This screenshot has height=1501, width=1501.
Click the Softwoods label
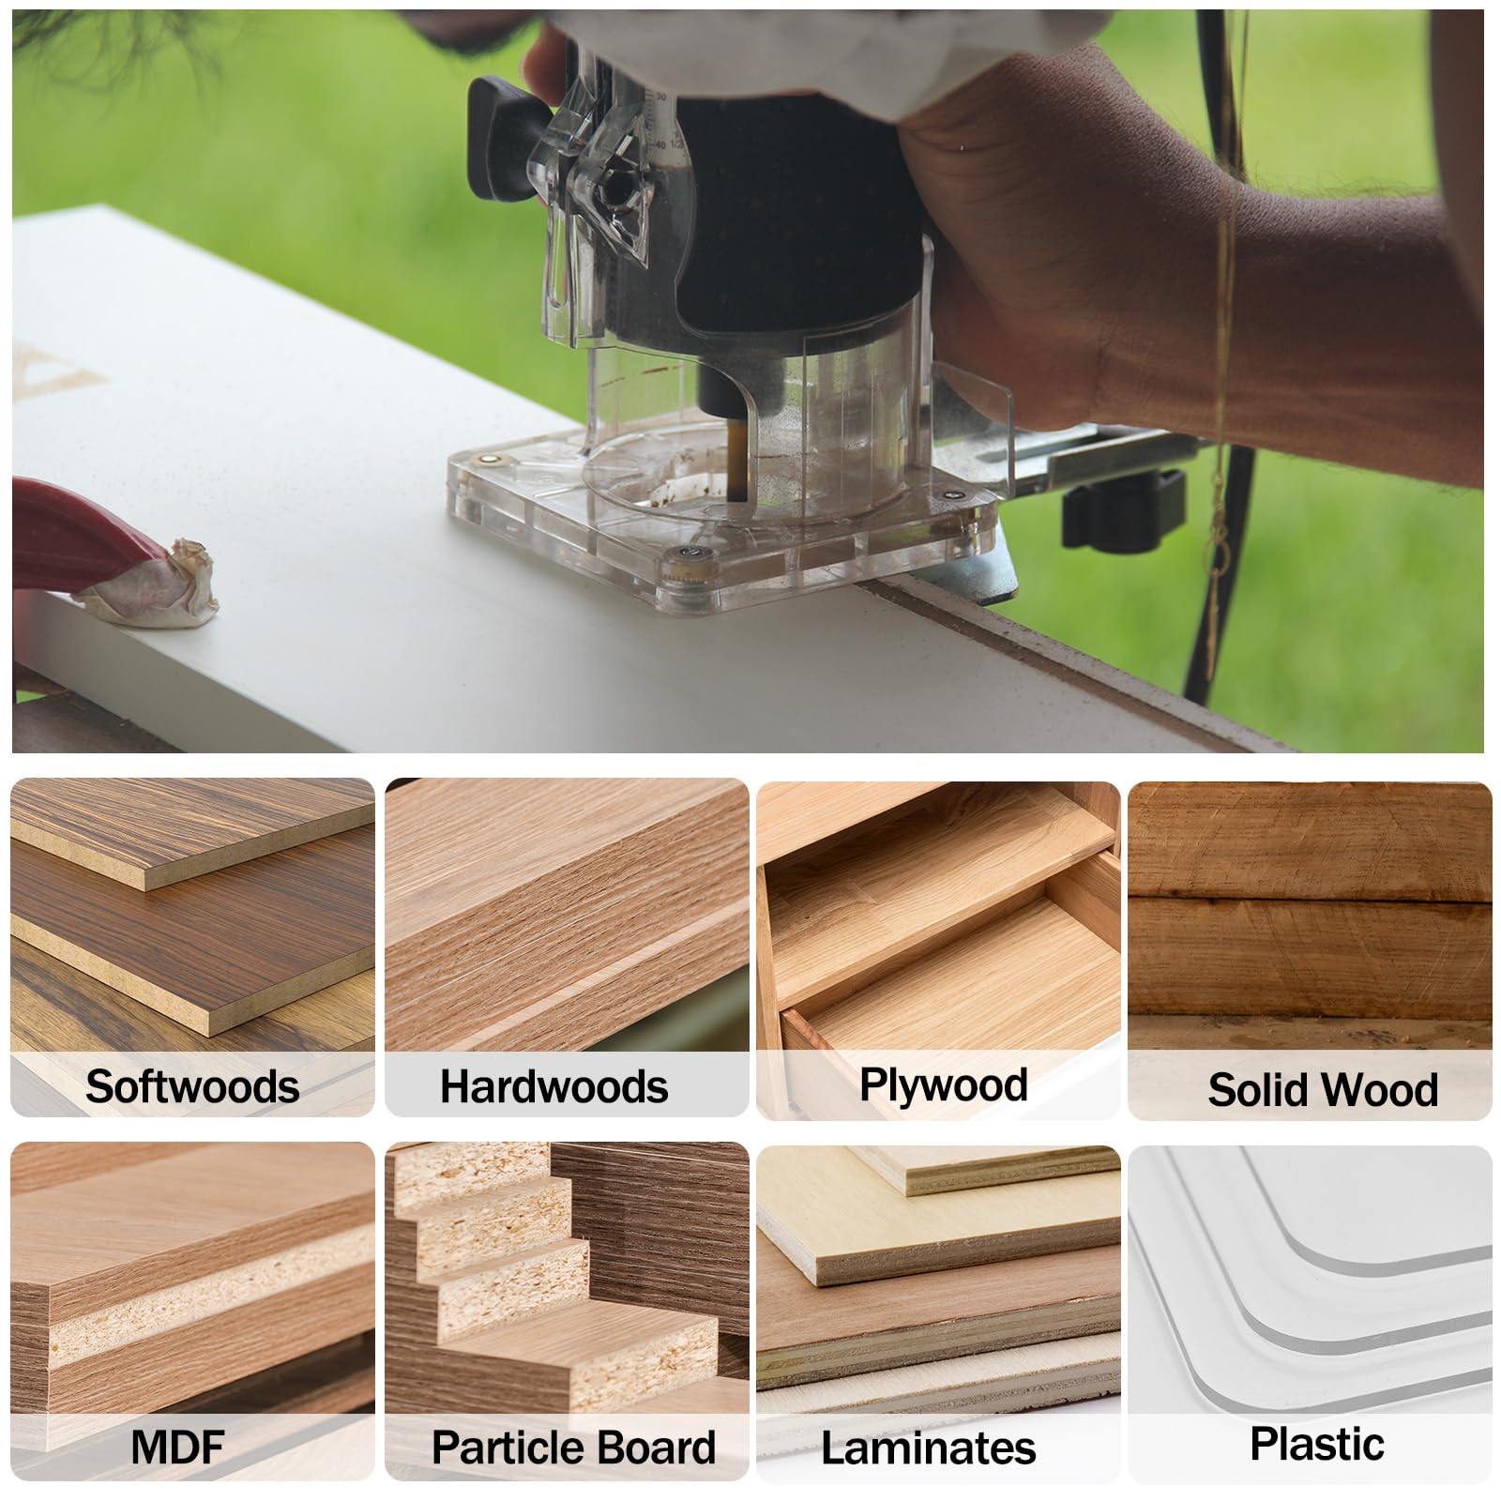[192, 1086]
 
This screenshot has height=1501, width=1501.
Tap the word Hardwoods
[553, 1086]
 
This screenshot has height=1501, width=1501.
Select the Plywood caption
[943, 1084]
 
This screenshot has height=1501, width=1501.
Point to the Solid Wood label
[1322, 1089]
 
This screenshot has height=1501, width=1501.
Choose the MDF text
[178, 1446]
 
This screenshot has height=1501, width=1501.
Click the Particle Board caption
[573, 1447]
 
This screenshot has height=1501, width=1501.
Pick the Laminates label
[928, 1448]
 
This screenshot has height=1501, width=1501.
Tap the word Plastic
[1316, 1443]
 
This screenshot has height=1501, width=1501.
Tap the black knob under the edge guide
[1121, 507]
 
